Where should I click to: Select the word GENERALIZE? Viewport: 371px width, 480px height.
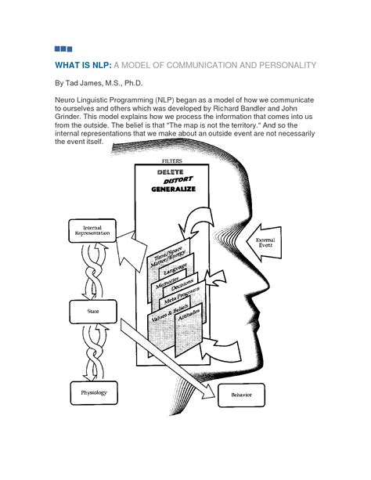175,190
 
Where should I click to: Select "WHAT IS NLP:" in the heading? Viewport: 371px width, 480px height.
83,64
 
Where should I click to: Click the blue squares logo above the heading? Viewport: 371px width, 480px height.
63,49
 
